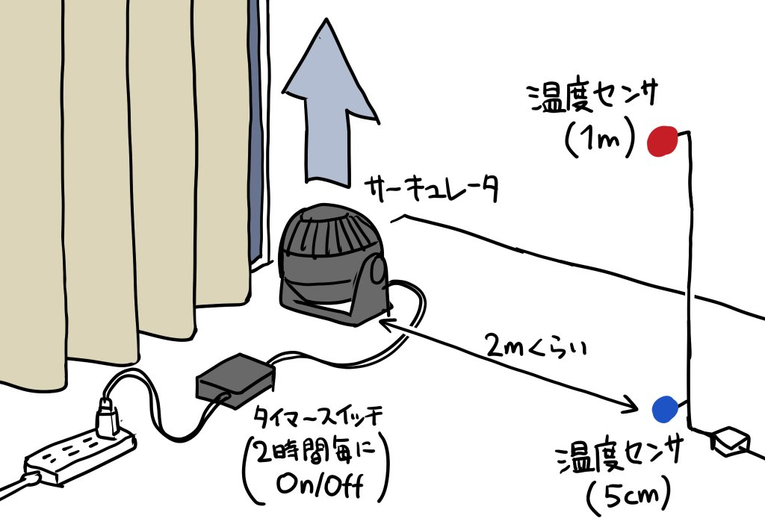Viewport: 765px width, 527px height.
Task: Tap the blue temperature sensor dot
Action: [x=664, y=408]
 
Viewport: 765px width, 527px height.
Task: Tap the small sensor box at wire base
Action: [x=728, y=440]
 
